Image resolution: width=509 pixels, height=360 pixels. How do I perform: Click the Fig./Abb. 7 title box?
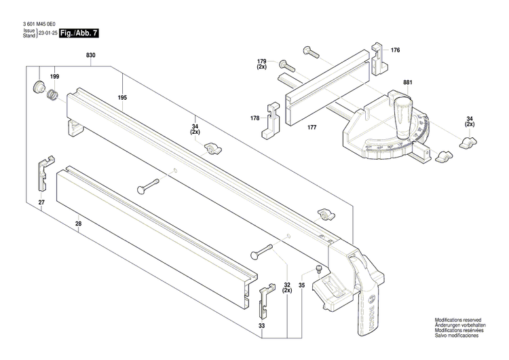point(79,33)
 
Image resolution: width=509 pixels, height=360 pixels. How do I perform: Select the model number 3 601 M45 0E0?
point(40,24)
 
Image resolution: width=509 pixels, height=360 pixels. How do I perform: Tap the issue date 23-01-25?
point(47,33)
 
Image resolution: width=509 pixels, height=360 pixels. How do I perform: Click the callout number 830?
point(91,55)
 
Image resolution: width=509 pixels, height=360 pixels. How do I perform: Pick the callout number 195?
point(122,98)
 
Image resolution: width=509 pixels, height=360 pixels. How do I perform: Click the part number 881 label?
point(407,83)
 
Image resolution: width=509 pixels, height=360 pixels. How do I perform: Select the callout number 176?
point(396,50)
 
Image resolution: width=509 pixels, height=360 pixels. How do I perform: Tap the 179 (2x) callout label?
point(262,63)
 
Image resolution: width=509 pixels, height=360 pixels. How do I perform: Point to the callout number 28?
point(79,223)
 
